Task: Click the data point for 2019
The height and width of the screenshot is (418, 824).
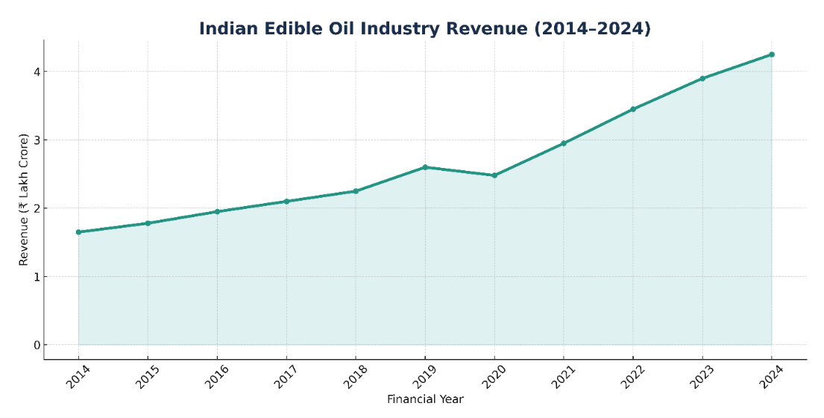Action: (425, 167)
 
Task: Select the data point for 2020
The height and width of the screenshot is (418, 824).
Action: (494, 175)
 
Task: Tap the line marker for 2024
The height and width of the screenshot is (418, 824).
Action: (772, 54)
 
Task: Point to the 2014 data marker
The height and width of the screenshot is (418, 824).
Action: (78, 232)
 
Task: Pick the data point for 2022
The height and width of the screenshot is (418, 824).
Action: (633, 109)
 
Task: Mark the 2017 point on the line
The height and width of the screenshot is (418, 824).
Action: (286, 202)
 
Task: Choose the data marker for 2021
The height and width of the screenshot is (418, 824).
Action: (564, 143)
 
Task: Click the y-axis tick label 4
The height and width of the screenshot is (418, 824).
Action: (36, 72)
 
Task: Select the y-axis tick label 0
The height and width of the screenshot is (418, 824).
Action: (36, 345)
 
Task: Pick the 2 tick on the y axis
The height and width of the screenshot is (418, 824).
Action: (36, 208)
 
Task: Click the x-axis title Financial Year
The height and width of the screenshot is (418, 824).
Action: (425, 399)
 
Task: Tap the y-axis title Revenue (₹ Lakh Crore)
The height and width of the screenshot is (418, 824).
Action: (24, 199)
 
